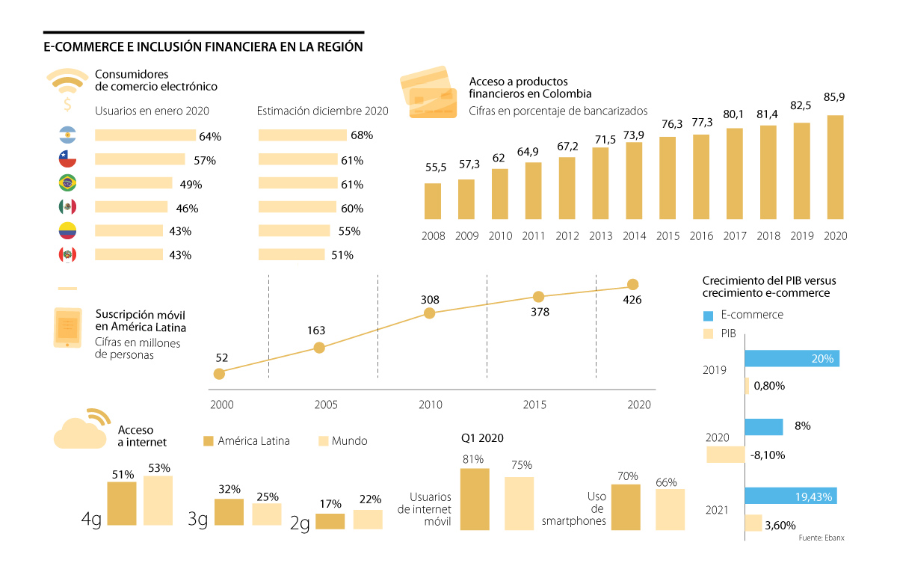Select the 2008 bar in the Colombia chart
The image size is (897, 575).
(x=433, y=203)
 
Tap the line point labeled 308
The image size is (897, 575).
(x=429, y=313)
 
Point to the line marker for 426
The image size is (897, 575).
(x=633, y=284)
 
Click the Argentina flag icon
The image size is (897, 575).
(x=67, y=135)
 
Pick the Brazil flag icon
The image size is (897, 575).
(x=67, y=183)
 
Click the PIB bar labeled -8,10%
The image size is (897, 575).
(x=726, y=455)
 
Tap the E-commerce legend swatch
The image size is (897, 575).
(x=709, y=315)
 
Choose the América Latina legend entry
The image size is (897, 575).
(x=247, y=441)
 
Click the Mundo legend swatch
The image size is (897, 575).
(x=324, y=441)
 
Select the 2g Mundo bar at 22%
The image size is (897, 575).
(x=368, y=520)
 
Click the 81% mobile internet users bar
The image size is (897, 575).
(x=475, y=499)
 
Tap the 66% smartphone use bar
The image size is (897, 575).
(x=670, y=510)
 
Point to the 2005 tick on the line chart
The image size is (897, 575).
(x=326, y=405)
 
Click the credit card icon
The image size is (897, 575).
(x=426, y=93)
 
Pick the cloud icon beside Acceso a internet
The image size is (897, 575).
(x=80, y=431)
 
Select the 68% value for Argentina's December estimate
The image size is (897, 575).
(x=362, y=136)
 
